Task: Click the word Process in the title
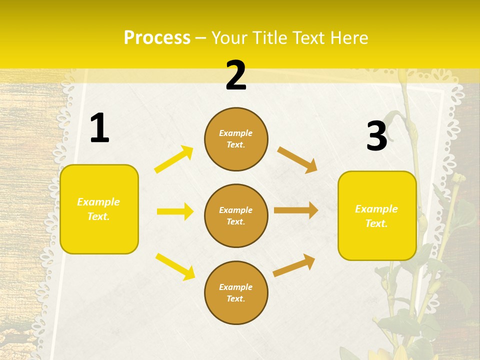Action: click(157, 38)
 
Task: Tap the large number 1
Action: click(99, 128)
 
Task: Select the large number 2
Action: click(236, 76)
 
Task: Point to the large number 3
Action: click(376, 136)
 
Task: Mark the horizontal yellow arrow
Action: click(175, 211)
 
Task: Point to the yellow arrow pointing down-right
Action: click(175, 266)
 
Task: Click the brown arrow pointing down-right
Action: click(297, 160)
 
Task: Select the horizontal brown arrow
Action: click(296, 210)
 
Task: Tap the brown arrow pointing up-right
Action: click(294, 265)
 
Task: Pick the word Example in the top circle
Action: click(236, 133)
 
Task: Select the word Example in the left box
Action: click(98, 202)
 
